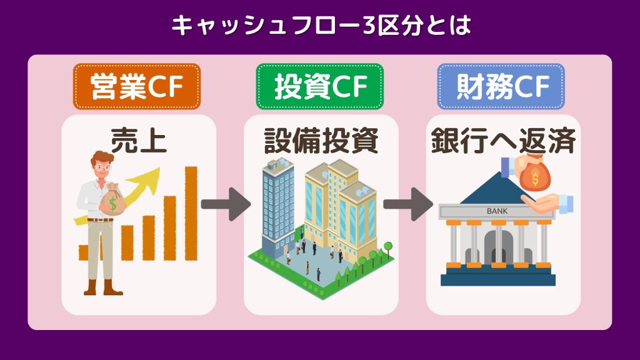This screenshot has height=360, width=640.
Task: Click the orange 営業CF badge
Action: (137, 86)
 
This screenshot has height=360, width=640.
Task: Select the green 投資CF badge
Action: (319, 86)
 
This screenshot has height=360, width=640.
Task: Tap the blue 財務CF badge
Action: (501, 86)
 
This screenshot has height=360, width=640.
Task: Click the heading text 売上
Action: (139, 141)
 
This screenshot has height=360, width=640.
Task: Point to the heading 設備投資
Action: (321, 141)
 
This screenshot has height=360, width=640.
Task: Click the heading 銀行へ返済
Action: (503, 141)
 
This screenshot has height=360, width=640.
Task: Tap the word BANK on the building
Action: (497, 211)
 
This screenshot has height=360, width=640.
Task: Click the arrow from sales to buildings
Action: (226, 204)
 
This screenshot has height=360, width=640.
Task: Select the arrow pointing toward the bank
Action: (407, 204)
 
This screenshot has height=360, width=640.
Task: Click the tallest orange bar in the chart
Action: (191, 213)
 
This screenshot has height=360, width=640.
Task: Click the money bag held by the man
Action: (113, 199)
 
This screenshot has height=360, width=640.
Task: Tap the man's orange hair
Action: (102, 157)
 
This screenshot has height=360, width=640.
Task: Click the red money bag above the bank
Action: (535, 174)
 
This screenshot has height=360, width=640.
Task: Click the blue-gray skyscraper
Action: (278, 206)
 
